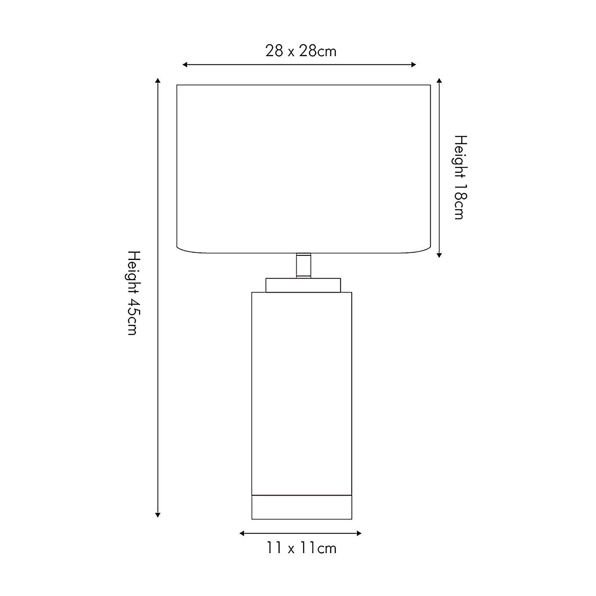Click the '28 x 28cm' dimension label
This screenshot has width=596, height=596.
click(x=301, y=51)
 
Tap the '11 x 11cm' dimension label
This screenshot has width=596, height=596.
click(x=301, y=548)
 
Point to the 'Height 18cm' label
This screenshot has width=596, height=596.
click(x=460, y=177)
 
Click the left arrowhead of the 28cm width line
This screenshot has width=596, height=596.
click(x=185, y=65)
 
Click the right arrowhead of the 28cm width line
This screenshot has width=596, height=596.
click(x=414, y=65)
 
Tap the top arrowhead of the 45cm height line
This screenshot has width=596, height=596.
click(x=158, y=80)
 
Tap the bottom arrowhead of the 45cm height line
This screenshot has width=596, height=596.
click(x=158, y=515)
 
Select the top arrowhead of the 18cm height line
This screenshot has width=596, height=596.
click(x=439, y=80)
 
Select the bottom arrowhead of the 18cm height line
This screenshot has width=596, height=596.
click(x=439, y=255)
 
